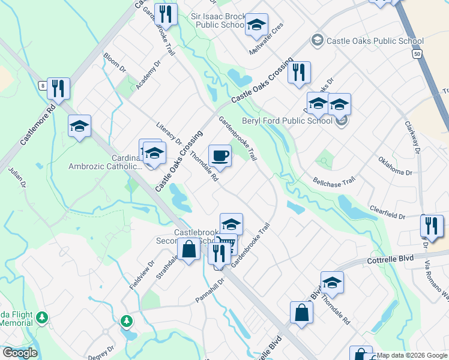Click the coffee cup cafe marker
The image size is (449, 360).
click(220, 156)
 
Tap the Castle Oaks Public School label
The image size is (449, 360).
click(375, 41)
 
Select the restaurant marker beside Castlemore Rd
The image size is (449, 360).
click(58, 89)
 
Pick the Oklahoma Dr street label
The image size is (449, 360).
click(395, 165)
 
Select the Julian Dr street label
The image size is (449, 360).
click(16, 178)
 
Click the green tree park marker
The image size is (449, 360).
click(126, 321)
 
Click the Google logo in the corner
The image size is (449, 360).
click(20, 353)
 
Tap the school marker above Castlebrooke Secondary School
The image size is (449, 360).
click(231, 224)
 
